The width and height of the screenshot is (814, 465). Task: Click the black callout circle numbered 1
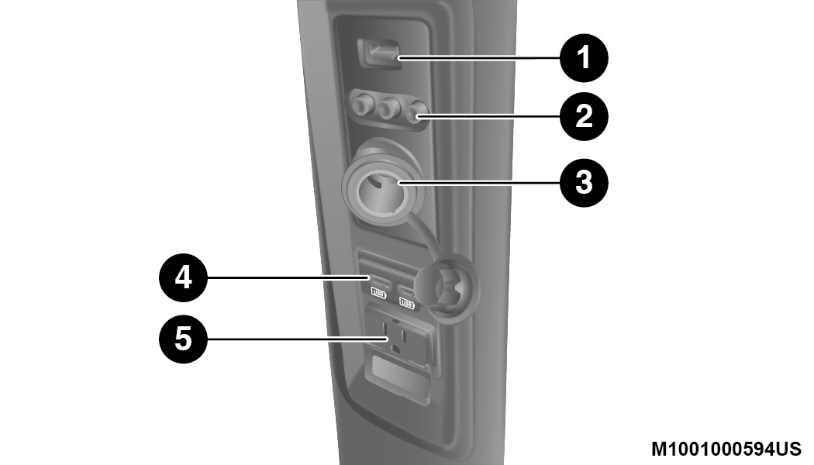click(x=584, y=57)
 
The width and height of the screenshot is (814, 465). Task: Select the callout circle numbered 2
click(x=584, y=116)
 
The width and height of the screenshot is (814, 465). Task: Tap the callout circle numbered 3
click(x=584, y=183)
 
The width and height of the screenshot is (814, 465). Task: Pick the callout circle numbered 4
click(x=183, y=277)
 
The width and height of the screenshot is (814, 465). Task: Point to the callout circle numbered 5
click(x=183, y=339)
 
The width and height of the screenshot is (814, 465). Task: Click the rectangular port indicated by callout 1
click(x=378, y=53)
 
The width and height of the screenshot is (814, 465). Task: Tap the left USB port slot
click(x=381, y=281)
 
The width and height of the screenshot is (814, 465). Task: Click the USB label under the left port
click(x=378, y=294)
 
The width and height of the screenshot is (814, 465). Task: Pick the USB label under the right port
click(x=406, y=303)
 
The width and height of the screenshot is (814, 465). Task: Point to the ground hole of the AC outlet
click(x=396, y=349)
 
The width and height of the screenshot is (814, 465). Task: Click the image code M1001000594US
click(x=726, y=449)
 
